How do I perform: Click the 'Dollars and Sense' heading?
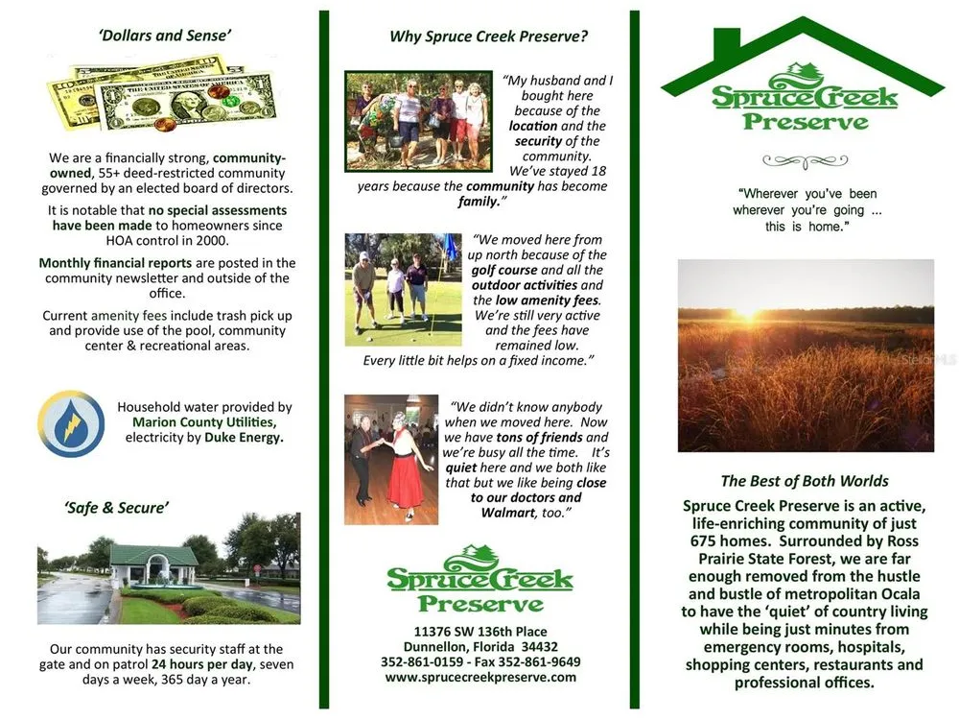coord(165,36)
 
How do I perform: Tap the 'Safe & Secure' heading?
coord(116,508)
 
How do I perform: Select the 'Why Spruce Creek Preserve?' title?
coord(489,36)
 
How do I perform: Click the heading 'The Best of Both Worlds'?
coord(805,481)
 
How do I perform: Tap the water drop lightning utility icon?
coord(71,423)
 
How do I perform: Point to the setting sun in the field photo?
coord(749,311)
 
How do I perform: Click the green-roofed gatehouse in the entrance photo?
coord(153,564)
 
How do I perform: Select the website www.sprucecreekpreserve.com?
coord(480,677)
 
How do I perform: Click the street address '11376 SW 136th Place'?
coord(480,632)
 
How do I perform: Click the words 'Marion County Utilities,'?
coord(204,421)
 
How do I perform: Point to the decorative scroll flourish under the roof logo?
coord(805,161)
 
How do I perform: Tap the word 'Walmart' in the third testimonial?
coord(507,513)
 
